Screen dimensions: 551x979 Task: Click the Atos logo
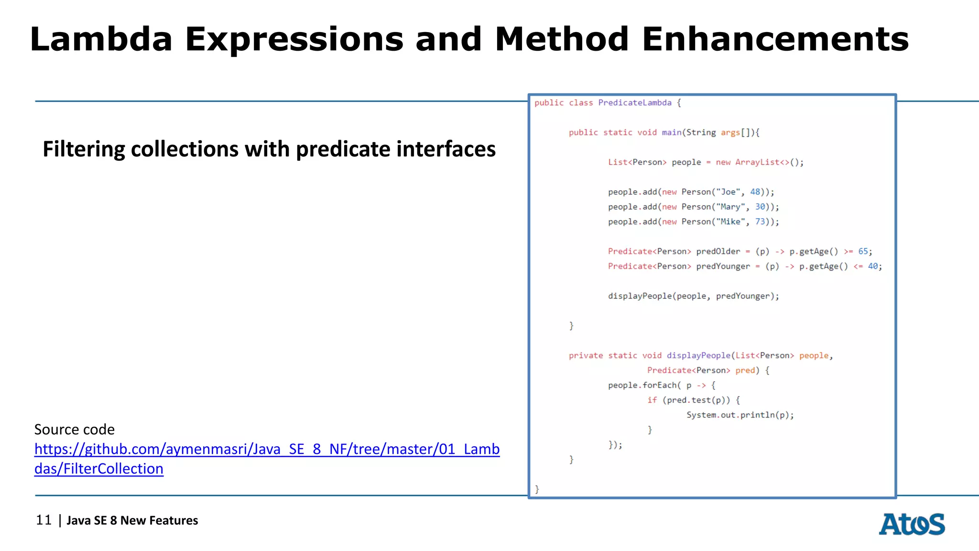tap(912, 524)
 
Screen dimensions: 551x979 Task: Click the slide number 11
tap(44, 520)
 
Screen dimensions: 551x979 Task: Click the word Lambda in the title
tap(101, 39)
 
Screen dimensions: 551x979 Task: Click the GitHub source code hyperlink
tap(267, 449)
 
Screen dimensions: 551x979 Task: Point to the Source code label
tap(75, 430)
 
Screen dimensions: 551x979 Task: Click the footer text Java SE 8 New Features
tap(132, 520)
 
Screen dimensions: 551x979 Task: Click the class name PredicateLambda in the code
tap(634, 103)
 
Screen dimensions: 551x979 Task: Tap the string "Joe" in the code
tap(728, 192)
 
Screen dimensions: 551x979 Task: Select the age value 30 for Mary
tap(760, 207)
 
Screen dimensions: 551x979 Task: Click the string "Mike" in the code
tap(730, 221)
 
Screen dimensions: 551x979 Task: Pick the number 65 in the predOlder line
tap(863, 251)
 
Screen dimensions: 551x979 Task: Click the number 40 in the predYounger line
tap(873, 266)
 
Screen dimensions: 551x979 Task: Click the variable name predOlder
tap(718, 251)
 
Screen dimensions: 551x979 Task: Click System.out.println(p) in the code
tap(740, 415)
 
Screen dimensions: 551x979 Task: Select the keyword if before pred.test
tap(652, 400)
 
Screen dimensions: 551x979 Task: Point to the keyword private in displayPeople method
tap(586, 355)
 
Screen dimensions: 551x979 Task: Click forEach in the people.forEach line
tap(659, 385)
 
